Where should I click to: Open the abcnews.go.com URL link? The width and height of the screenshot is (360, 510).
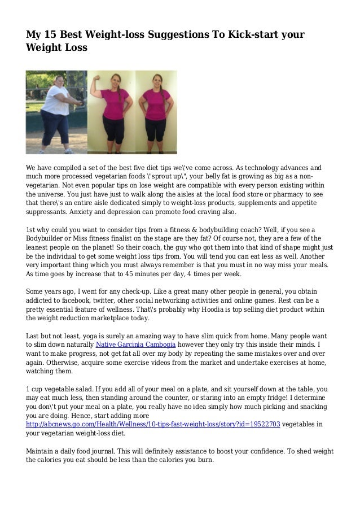click(x=153, y=424)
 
